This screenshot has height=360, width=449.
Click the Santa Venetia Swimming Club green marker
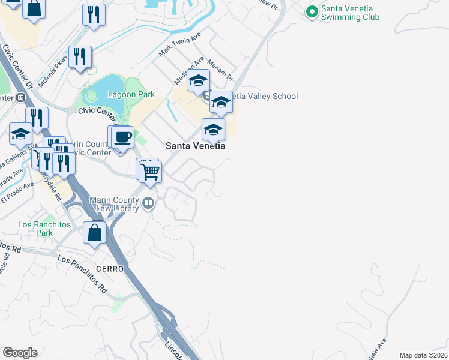click(312, 12)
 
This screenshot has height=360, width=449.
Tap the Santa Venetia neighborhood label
click(195, 146)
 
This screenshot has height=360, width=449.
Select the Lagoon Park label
click(131, 94)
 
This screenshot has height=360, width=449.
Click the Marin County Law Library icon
click(148, 205)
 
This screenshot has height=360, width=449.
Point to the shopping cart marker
click(151, 172)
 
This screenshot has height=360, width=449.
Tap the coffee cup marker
click(123, 137)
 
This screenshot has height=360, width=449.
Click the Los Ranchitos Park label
click(44, 229)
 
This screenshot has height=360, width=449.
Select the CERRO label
click(109, 269)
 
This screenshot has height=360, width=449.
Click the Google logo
click(20, 353)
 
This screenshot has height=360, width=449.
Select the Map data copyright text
click(424, 355)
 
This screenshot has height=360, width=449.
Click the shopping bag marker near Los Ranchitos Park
click(95, 233)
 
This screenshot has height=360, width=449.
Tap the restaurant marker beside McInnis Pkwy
click(80, 58)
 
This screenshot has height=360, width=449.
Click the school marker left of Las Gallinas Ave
click(20, 135)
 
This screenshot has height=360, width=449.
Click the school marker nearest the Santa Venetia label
click(213, 130)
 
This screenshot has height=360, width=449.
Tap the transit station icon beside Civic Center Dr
click(20, 97)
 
